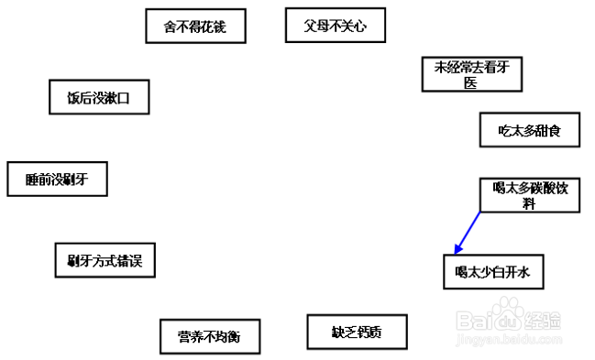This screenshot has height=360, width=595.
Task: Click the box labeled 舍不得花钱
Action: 197,27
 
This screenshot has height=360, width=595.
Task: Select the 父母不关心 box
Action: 335,26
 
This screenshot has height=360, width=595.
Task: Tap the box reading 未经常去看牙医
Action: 471,74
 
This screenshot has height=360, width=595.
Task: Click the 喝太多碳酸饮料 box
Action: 530,195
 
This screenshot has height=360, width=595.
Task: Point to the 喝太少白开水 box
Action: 493,272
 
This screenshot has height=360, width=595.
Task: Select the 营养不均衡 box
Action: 209,336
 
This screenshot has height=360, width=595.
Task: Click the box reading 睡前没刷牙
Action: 57,179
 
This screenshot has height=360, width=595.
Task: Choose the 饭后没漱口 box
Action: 98,98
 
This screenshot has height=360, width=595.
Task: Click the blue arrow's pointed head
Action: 457,251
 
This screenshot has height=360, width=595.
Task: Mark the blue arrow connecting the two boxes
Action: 468,232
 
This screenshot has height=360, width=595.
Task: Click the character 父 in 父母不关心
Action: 311,26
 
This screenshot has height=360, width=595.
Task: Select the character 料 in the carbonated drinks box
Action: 530,204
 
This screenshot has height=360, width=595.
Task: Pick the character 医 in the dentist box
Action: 471,82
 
